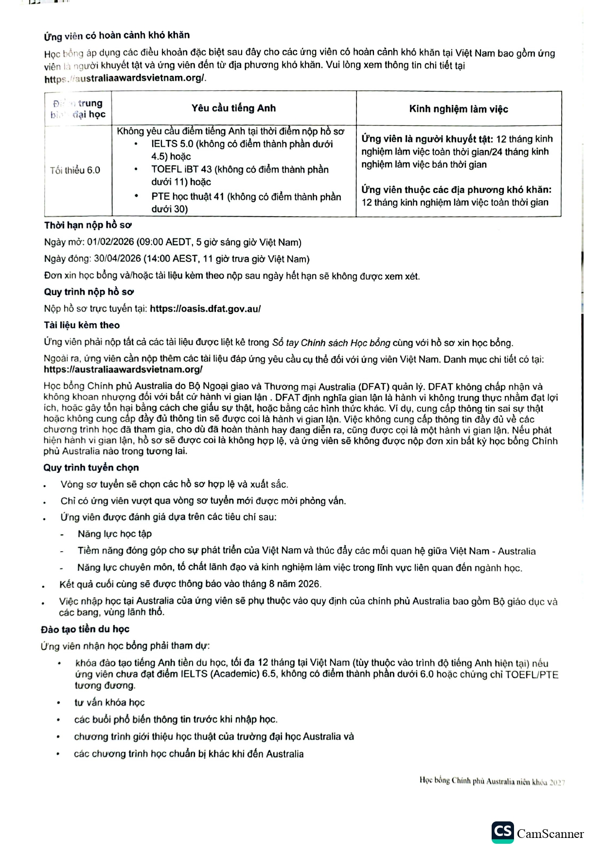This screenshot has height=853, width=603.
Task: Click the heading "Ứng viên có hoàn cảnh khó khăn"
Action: coord(117,35)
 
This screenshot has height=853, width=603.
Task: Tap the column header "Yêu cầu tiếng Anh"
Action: coord(233,108)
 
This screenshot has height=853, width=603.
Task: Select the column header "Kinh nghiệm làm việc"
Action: coord(459,109)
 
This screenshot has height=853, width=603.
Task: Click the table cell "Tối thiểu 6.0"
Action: coord(75,170)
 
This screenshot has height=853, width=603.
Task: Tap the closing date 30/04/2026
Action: coord(117,259)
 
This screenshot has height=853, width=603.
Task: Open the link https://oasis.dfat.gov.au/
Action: coord(205,309)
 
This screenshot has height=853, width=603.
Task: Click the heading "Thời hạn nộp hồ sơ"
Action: coord(88,226)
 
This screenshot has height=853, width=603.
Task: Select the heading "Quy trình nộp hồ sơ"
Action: coord(89,292)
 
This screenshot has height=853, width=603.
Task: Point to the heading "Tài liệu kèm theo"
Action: coord(82,325)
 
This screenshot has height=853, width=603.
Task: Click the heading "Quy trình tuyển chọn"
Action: coord(91,468)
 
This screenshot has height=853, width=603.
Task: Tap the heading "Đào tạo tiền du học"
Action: coord(85,629)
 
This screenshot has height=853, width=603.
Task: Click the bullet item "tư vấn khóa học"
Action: coord(109,702)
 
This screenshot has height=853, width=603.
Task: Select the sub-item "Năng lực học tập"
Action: coord(115,534)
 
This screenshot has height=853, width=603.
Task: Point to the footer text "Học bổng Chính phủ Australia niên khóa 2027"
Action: coord(492,782)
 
